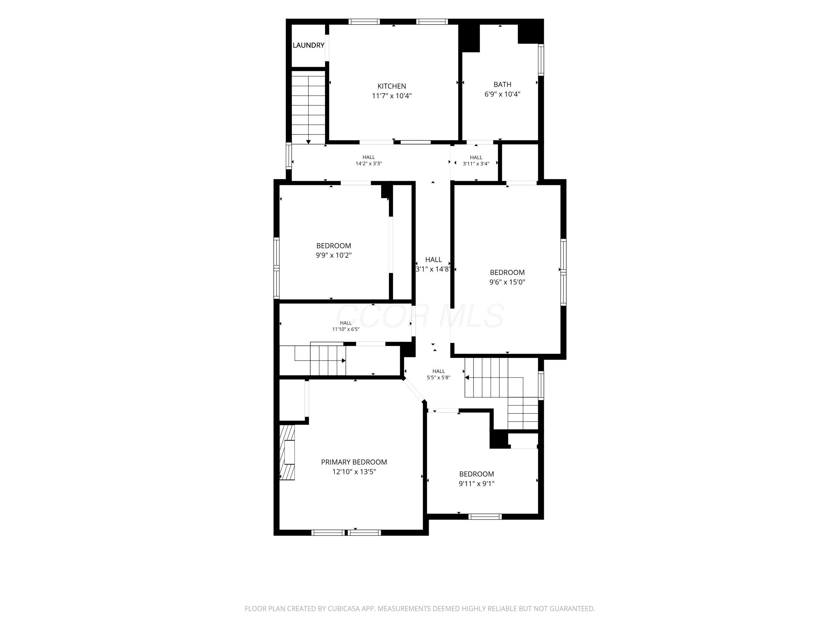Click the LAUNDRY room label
click(308, 45)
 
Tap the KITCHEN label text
click(391, 86)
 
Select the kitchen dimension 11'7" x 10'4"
click(391, 96)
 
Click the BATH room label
click(502, 84)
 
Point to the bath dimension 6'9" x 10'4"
click(502, 94)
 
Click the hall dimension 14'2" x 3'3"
click(368, 164)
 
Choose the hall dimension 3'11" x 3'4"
click(476, 164)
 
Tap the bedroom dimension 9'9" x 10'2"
click(333, 255)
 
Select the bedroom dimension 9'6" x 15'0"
click(507, 282)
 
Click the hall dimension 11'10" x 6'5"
click(346, 329)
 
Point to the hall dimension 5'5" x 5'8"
click(438, 377)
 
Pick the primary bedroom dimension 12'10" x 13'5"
click(354, 472)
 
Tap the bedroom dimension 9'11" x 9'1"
click(476, 483)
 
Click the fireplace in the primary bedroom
click(287, 452)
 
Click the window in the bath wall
click(541, 60)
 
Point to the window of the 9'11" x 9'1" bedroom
click(485, 516)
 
